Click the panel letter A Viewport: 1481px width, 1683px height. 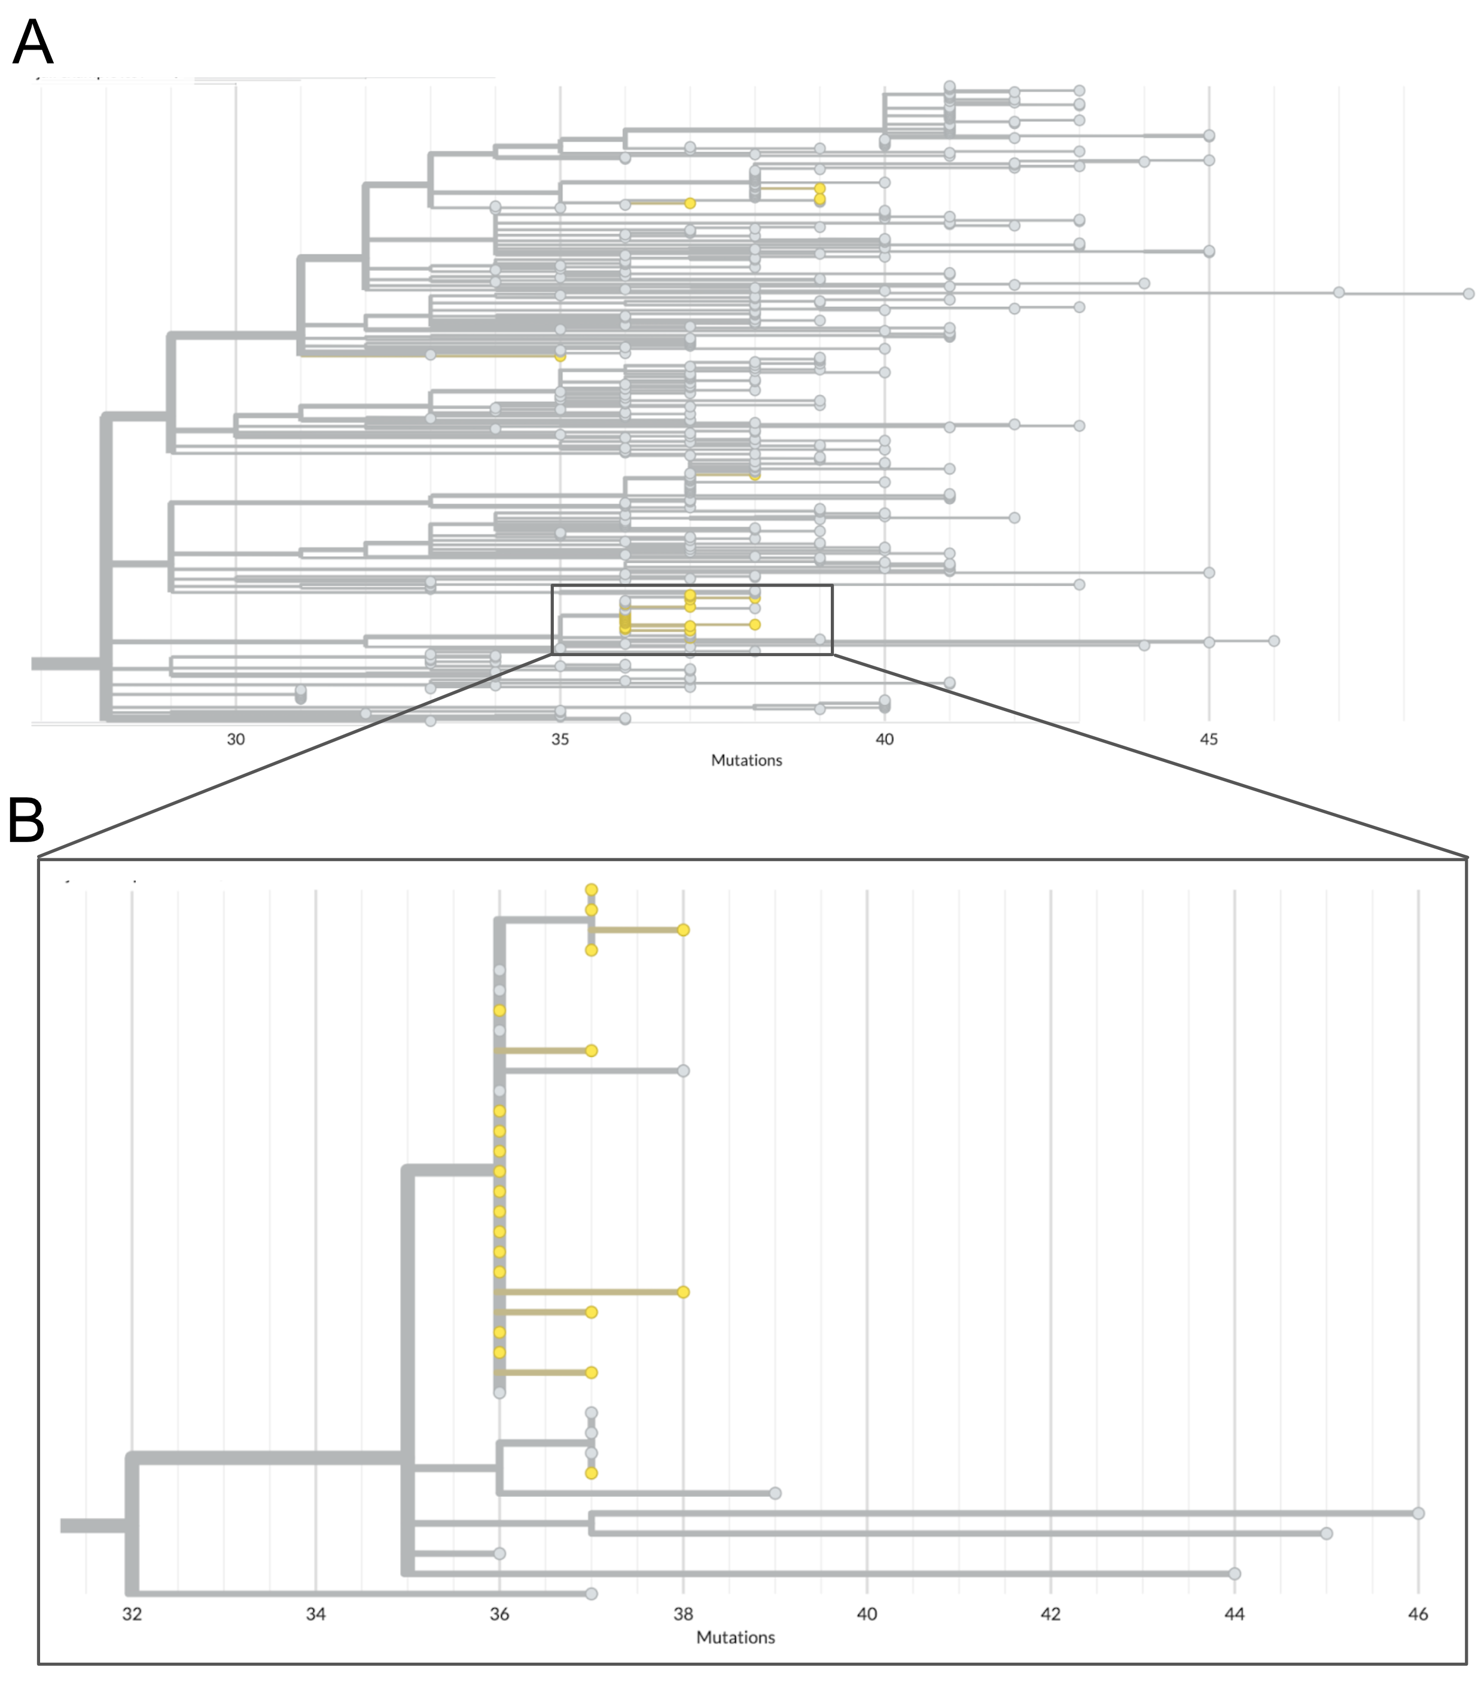click(x=33, y=43)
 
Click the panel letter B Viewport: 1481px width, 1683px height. click(x=26, y=821)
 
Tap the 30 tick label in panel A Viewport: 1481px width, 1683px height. click(x=236, y=739)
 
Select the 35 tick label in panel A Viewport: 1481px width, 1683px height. click(x=560, y=739)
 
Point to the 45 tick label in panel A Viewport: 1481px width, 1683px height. click(x=1208, y=739)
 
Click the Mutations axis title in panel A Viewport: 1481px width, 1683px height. click(x=746, y=760)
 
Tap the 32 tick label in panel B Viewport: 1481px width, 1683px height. click(x=132, y=1614)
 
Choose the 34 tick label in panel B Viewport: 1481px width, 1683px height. click(x=315, y=1614)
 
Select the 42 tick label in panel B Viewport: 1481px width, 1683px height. click(x=1050, y=1614)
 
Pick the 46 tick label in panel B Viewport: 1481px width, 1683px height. click(x=1418, y=1614)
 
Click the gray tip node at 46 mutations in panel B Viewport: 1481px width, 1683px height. click(x=1418, y=1513)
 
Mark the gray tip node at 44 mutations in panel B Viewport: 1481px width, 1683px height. click(x=1234, y=1574)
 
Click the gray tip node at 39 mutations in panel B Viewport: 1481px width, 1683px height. click(x=774, y=1493)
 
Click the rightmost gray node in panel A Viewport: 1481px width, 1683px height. click(x=1468, y=293)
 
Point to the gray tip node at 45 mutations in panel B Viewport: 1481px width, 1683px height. click(x=1326, y=1533)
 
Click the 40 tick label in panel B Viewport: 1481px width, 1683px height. click(x=867, y=1614)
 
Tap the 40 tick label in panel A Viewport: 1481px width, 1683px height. click(x=884, y=739)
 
